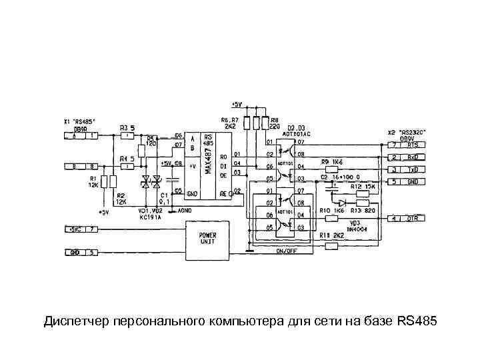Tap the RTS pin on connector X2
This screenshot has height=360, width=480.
tap(414, 144)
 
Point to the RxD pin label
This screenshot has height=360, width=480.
tap(414, 157)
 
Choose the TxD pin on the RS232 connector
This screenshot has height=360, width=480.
tap(414, 169)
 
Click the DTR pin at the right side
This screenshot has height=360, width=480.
tap(414, 218)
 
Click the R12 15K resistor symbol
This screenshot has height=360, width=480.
tap(363, 193)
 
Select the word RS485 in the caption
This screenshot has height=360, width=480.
tap(417, 322)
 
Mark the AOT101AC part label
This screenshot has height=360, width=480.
tap(297, 134)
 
